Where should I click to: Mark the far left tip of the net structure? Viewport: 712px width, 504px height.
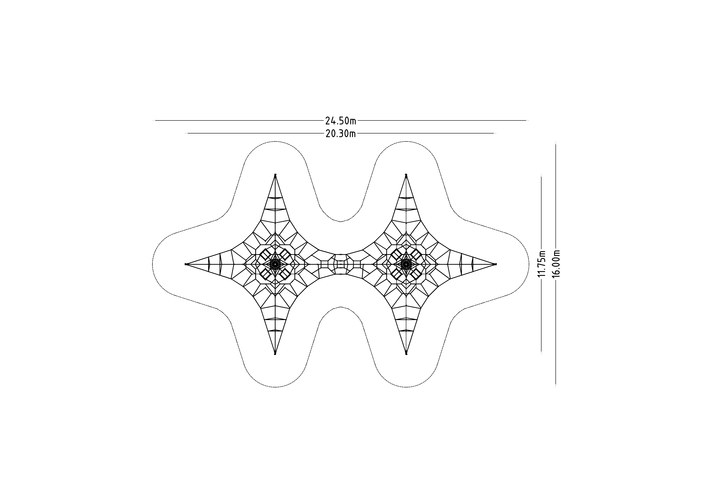[x=185, y=264]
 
